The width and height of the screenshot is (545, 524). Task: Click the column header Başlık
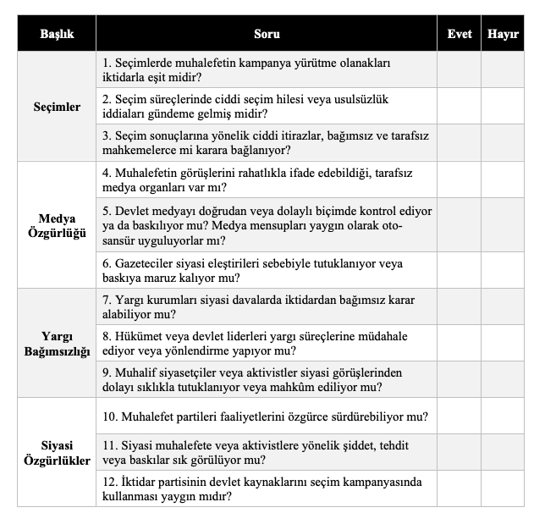(57, 35)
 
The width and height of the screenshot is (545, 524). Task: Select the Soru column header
(267, 35)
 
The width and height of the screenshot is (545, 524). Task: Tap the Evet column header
(459, 35)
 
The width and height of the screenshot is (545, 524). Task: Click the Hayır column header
(503, 35)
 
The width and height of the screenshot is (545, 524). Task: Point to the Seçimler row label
(57, 107)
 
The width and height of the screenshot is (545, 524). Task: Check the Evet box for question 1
(459, 70)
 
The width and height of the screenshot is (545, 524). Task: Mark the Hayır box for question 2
(503, 107)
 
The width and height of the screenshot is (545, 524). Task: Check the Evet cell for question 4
(459, 179)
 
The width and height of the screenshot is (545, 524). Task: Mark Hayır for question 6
(503, 270)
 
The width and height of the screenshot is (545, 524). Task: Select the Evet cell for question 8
(459, 344)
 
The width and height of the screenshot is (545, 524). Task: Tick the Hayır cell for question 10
(503, 416)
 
